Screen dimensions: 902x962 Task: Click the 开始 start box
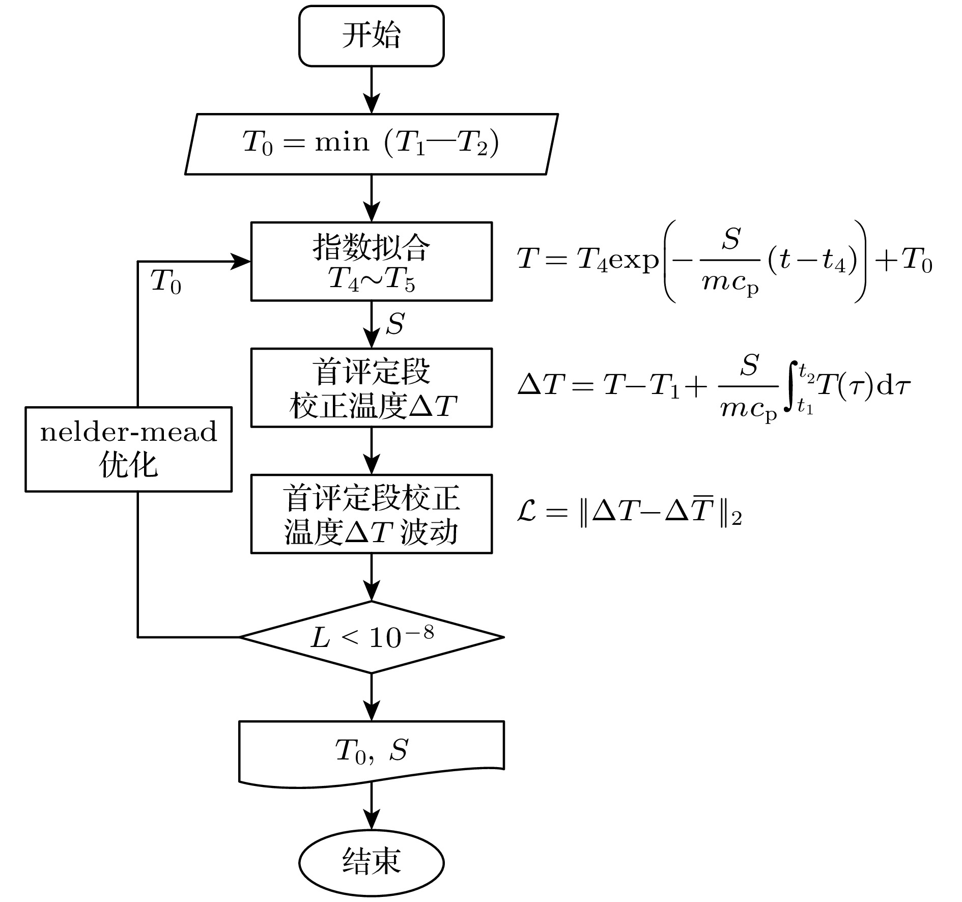(371, 36)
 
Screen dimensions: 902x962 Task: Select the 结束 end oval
(371, 862)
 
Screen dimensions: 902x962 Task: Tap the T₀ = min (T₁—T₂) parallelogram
(371, 144)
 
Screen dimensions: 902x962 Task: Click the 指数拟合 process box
(371, 261)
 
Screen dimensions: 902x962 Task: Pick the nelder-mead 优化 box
(129, 448)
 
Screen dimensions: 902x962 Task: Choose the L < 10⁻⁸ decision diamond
(371, 637)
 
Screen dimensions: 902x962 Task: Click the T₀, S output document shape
(371, 751)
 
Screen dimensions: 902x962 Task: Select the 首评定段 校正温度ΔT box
(371, 387)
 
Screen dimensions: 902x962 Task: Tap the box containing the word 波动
(371, 514)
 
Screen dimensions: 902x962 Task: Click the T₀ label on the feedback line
(166, 281)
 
